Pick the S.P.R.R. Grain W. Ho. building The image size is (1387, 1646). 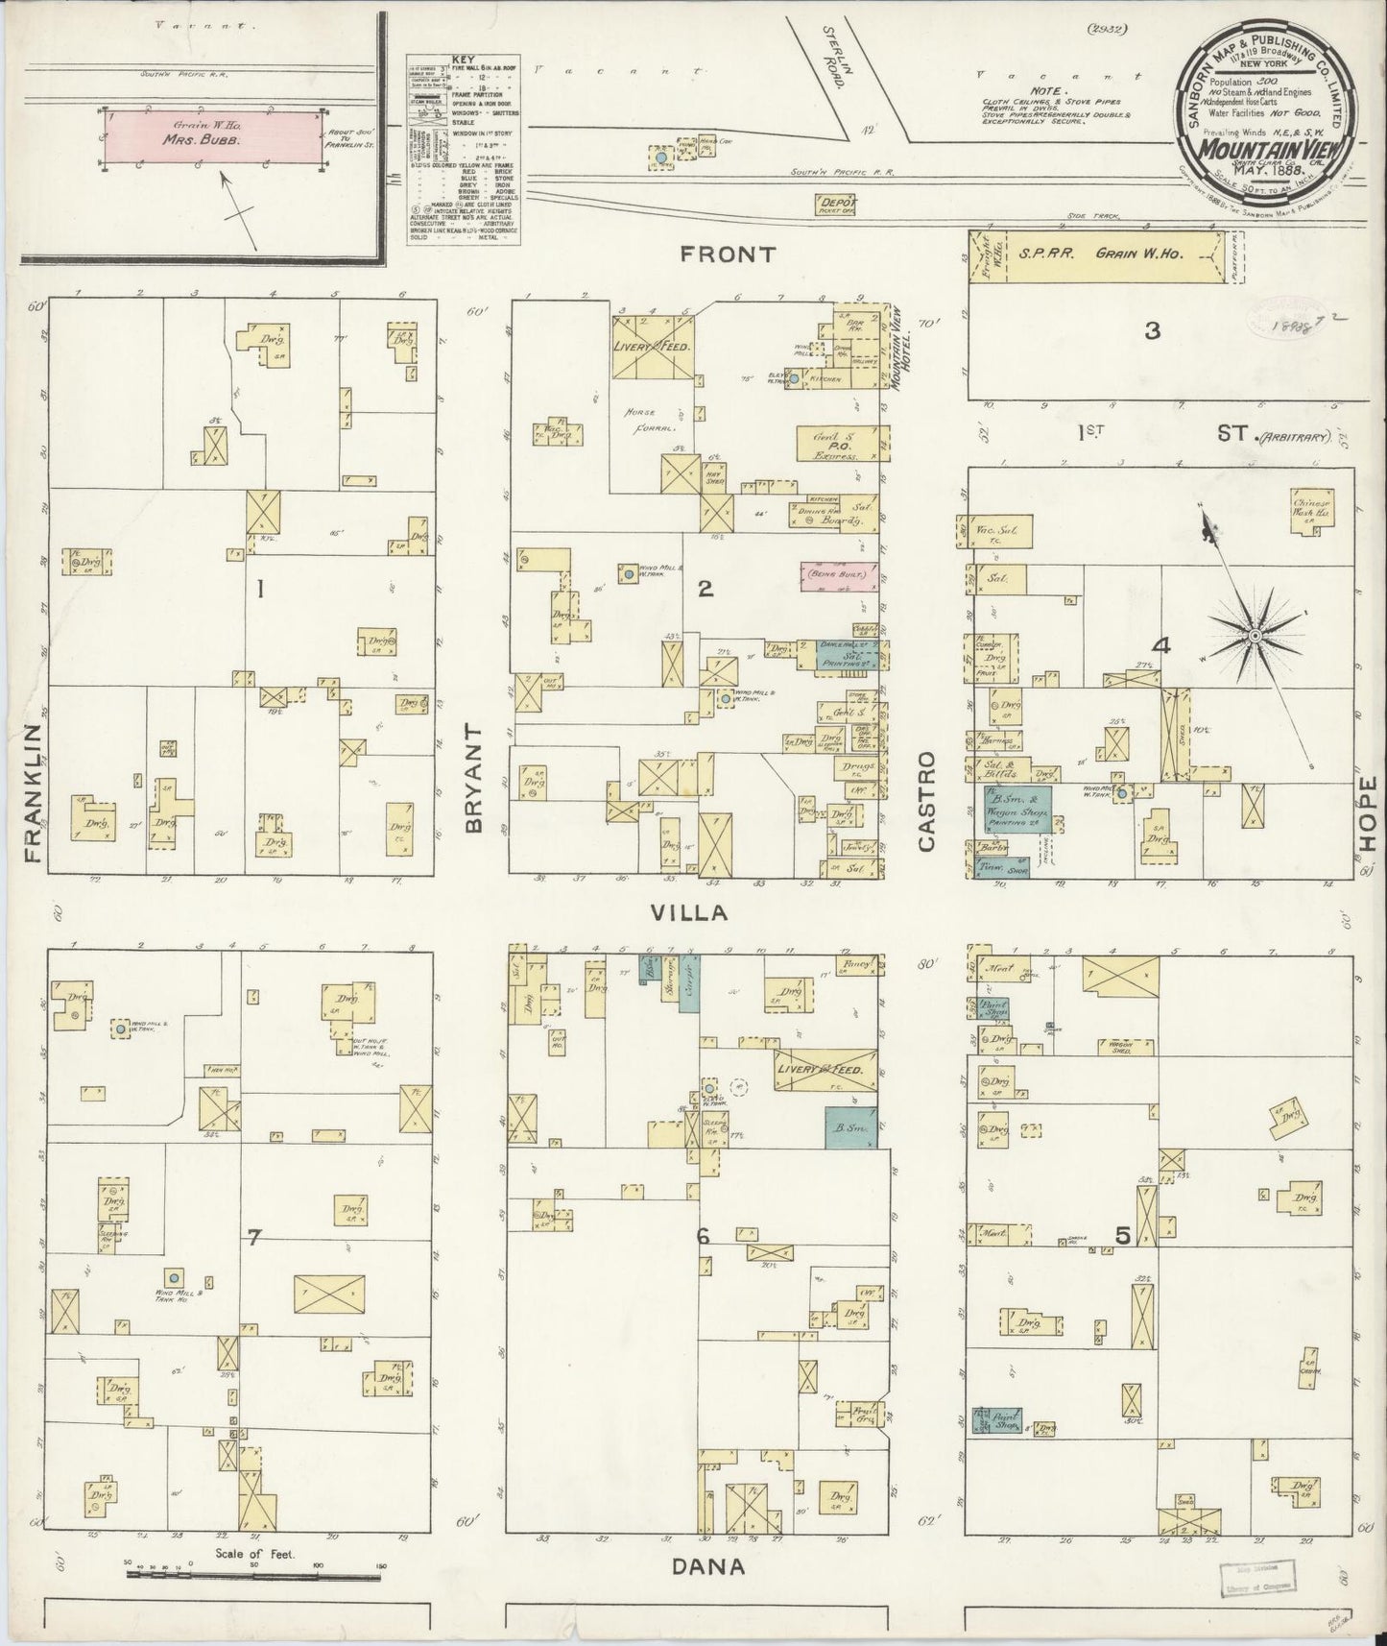click(x=1103, y=255)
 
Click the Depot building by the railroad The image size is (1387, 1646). click(x=836, y=203)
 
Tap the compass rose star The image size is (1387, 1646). click(x=1254, y=637)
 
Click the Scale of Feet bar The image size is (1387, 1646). click(x=254, y=1575)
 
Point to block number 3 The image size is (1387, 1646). click(x=1152, y=331)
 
